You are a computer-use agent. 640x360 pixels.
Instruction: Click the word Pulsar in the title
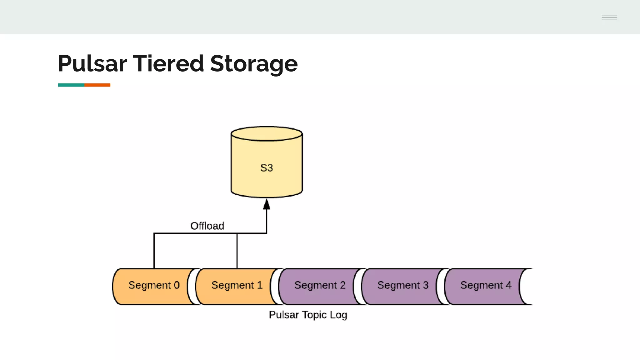[x=92, y=64]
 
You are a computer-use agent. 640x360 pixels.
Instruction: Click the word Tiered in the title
[x=168, y=64]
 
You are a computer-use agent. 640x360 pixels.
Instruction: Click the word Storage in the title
[x=254, y=64]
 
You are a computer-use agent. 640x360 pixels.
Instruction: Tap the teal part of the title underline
[x=71, y=85]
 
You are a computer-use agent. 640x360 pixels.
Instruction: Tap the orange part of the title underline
[x=97, y=85]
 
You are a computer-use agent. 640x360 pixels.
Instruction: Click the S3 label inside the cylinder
[x=267, y=168]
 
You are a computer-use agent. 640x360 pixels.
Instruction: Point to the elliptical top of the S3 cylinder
[x=267, y=134]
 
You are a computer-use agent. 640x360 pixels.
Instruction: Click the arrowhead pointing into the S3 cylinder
[x=267, y=205]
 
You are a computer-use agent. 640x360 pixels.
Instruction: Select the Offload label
[x=207, y=226]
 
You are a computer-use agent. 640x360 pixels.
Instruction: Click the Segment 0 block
[x=154, y=285]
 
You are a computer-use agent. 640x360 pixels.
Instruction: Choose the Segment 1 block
[x=237, y=285]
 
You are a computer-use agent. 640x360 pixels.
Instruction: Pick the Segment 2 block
[x=320, y=285]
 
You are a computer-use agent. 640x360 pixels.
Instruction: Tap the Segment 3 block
[x=402, y=285]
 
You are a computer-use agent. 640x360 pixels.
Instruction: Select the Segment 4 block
[x=485, y=285]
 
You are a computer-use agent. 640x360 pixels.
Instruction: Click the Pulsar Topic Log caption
[x=308, y=315]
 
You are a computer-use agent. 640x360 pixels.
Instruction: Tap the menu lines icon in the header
[x=609, y=17]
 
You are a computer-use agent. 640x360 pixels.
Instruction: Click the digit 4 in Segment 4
[x=509, y=285]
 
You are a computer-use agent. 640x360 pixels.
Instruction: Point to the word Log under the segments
[x=338, y=315]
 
